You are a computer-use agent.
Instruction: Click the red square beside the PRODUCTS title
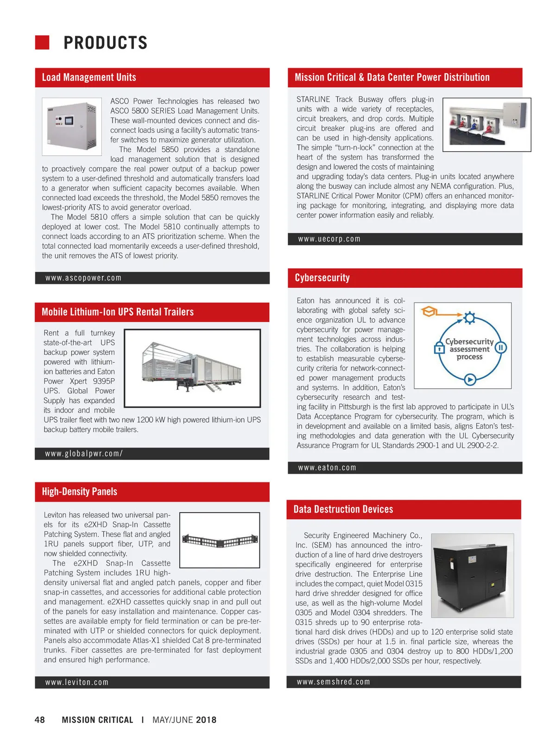pyautogui.click(x=42, y=42)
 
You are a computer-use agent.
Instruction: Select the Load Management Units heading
pyautogui.click(x=89, y=77)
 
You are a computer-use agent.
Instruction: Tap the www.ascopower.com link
pyautogui.click(x=83, y=278)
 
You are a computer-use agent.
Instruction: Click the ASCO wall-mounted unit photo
pyautogui.click(x=72, y=126)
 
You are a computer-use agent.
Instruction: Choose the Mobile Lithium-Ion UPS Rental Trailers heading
pyautogui.click(x=118, y=312)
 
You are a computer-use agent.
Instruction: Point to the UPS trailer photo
pyautogui.click(x=192, y=368)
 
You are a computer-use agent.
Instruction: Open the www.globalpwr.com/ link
pyautogui.click(x=84, y=454)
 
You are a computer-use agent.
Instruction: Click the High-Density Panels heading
pyautogui.click(x=80, y=492)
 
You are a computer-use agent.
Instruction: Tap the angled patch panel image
pyautogui.click(x=220, y=540)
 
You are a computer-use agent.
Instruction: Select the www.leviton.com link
pyautogui.click(x=77, y=683)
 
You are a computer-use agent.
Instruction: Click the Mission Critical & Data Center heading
pyautogui.click(x=392, y=77)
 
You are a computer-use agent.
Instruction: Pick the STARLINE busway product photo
pyautogui.click(x=486, y=124)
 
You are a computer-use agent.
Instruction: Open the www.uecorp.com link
pyautogui.click(x=329, y=239)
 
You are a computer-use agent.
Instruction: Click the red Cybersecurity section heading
pyautogui.click(x=322, y=278)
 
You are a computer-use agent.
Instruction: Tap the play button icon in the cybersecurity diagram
pyautogui.click(x=470, y=380)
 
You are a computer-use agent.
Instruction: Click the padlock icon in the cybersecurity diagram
pyautogui.click(x=439, y=348)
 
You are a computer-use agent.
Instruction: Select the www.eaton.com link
pyautogui.click(x=327, y=468)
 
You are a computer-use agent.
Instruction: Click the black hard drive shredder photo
pyautogui.click(x=472, y=575)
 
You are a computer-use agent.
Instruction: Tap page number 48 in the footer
pyautogui.click(x=40, y=720)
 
